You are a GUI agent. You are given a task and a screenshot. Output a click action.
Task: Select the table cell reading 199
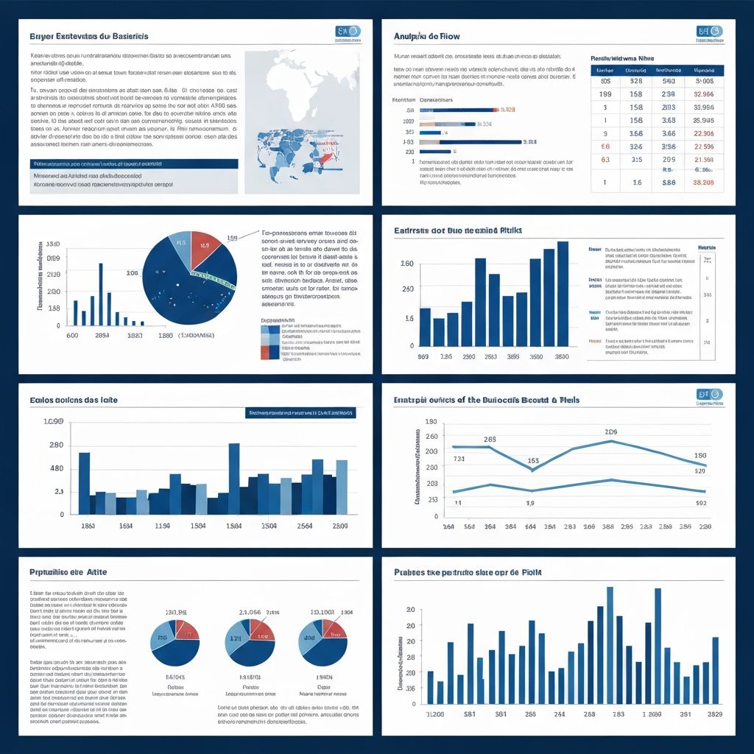tap(605, 94)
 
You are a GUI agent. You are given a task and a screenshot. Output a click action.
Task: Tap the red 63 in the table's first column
tap(605, 159)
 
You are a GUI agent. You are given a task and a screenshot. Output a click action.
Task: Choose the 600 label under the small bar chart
tap(73, 335)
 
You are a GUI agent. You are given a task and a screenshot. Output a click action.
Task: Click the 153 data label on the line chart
tap(534, 462)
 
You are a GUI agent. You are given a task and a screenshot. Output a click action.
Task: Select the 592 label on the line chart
tap(700, 504)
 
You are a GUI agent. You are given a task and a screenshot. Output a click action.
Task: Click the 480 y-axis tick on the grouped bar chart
tap(56, 469)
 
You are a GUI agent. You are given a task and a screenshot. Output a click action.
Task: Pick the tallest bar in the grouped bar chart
tap(234, 479)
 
